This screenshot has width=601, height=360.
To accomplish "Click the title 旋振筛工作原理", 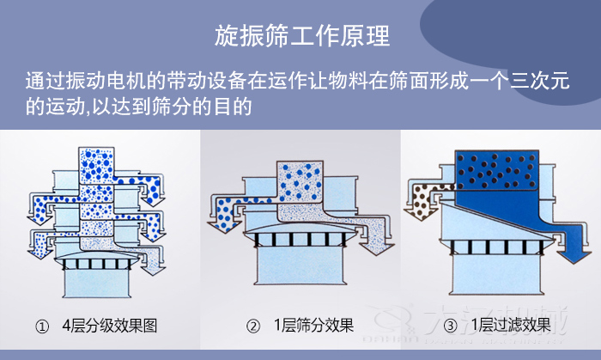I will [300, 36].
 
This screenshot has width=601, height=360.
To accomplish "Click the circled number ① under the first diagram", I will [41, 326].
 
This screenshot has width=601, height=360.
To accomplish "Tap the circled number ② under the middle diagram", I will [252, 326].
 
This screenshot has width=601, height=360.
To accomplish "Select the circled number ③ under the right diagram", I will [449, 326].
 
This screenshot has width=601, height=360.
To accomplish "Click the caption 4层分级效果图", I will [109, 326].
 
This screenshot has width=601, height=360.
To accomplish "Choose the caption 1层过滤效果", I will [511, 326].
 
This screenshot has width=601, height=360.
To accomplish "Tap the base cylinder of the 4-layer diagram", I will [96, 284].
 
